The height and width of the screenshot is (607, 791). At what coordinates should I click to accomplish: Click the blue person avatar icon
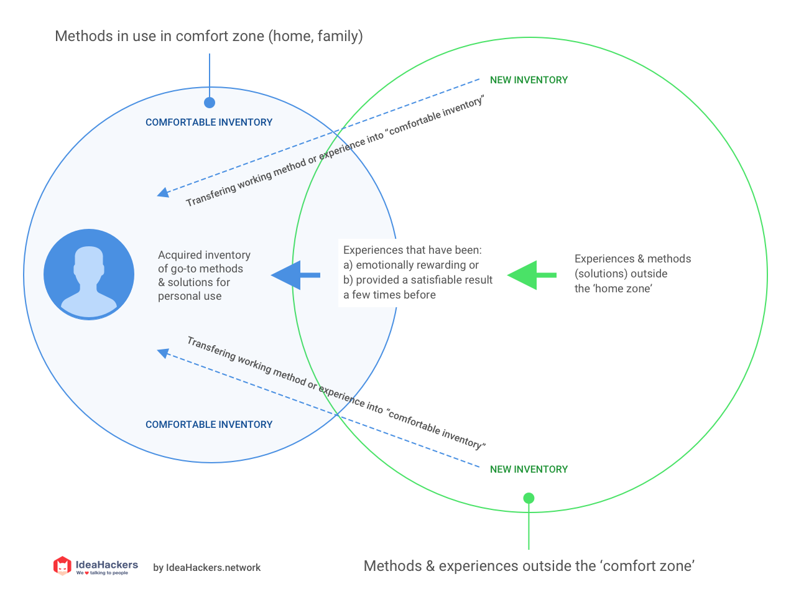89,274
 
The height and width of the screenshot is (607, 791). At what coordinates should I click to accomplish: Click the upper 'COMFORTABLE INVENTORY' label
209,123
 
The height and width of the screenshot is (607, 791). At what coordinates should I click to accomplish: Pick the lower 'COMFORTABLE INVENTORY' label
209,425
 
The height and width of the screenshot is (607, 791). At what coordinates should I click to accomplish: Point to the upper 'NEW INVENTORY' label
529,80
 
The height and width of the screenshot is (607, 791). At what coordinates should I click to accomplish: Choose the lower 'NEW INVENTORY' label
529,470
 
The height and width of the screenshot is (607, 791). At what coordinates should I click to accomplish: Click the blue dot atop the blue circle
210,103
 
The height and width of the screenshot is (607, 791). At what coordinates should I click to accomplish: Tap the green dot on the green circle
529,498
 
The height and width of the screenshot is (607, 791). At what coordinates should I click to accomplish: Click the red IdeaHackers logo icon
62,566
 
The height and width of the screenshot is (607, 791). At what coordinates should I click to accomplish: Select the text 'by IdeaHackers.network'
207,568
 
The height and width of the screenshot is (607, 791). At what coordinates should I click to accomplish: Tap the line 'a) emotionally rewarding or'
411,265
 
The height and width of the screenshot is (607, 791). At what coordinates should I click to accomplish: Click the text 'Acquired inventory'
204,255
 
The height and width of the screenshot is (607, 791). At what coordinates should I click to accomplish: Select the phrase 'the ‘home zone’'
613,289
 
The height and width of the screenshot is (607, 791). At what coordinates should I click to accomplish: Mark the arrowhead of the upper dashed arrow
163,193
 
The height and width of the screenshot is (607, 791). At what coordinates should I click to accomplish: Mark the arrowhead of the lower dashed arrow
163,353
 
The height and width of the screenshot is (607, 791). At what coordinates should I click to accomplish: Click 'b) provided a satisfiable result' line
418,280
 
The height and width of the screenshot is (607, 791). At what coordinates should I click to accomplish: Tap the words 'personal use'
190,296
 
